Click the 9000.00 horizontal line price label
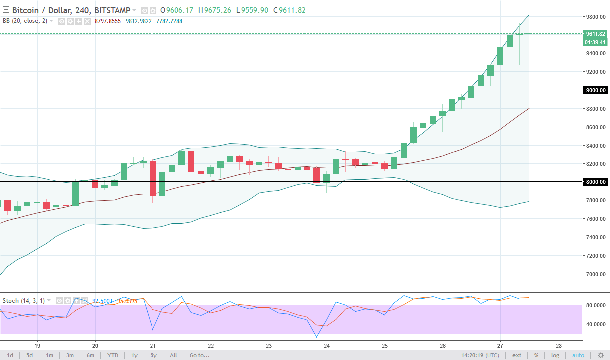tap(595, 90)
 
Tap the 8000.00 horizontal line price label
tap(595, 182)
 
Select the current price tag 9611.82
tap(595, 34)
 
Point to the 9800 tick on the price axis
tap(595, 17)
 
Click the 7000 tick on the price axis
tap(595, 274)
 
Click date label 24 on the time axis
tap(326, 345)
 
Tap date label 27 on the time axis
tap(500, 345)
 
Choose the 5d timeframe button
tap(30, 355)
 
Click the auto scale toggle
tap(578, 355)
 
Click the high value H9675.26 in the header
tap(214, 10)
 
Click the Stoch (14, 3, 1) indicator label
tap(24, 301)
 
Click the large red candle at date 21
tap(152, 178)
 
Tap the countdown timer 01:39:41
tap(595, 42)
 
